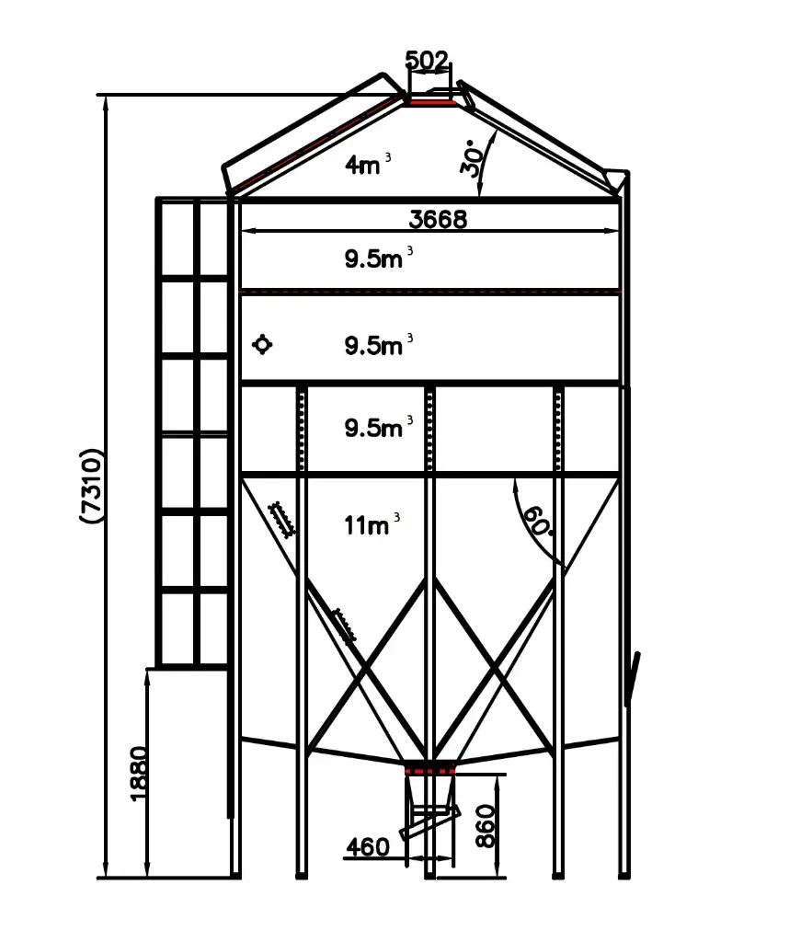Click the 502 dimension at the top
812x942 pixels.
(428, 62)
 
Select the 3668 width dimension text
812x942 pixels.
(438, 219)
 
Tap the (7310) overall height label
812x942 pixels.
(93, 486)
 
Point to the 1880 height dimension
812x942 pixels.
(138, 773)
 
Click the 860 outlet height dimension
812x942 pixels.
(486, 825)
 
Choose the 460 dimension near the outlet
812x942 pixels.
(369, 846)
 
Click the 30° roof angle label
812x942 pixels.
(473, 158)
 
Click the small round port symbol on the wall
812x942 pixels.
(263, 345)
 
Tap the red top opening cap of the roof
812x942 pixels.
(432, 102)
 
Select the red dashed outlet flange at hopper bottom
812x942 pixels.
(430, 769)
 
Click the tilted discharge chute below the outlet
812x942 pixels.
(429, 821)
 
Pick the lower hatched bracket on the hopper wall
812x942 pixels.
(344, 625)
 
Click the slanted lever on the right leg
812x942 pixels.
(634, 677)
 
